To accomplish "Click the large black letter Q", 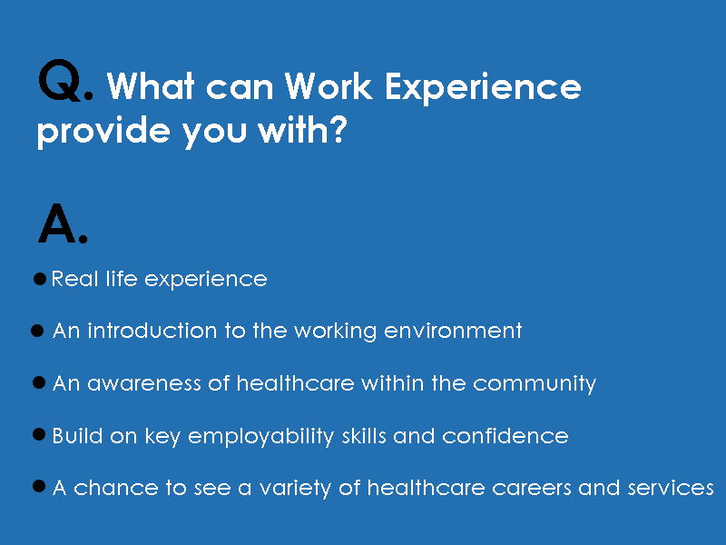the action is point(60,80).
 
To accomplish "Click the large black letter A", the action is point(56,223).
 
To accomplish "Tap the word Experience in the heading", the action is point(483,88).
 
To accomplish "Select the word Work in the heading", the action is point(329,85).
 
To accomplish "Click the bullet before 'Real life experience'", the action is point(40,279).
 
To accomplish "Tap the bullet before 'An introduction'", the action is point(37,331).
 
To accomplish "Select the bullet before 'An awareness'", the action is point(39,382).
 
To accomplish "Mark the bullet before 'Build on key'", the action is point(39,435).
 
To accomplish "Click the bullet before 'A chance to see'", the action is point(39,487).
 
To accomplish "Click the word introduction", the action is point(152,331).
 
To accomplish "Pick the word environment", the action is point(453,332).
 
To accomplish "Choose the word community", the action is point(535,384).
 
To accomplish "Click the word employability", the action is point(261,437).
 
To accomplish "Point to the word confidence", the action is point(505,436).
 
